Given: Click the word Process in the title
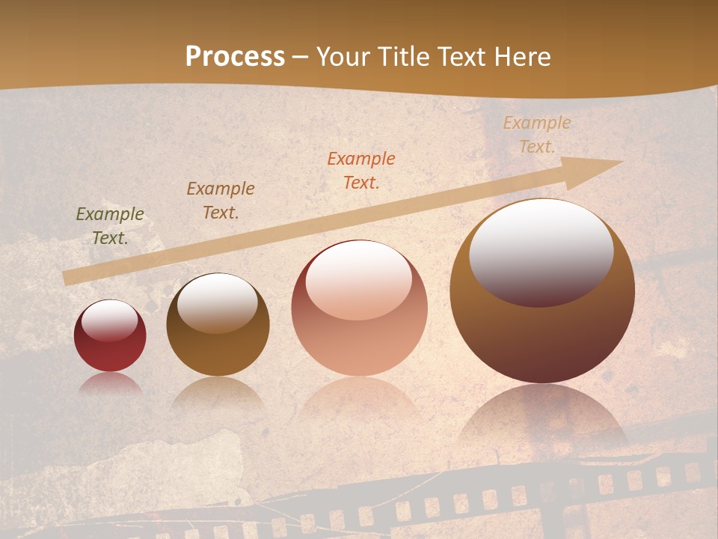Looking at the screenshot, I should click(x=235, y=57).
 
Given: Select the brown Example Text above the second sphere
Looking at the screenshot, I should click(x=221, y=201).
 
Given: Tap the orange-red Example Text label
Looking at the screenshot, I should click(x=361, y=170).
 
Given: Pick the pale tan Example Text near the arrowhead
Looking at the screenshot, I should click(x=537, y=135).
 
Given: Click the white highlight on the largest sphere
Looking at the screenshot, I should click(x=541, y=252).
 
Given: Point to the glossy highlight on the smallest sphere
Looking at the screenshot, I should click(x=110, y=320).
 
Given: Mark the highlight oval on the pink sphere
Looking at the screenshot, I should click(x=358, y=280).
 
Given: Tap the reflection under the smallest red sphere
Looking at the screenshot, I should click(x=110, y=383).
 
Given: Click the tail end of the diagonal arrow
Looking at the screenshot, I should click(x=67, y=278).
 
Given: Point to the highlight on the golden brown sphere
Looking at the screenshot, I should click(x=218, y=302).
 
